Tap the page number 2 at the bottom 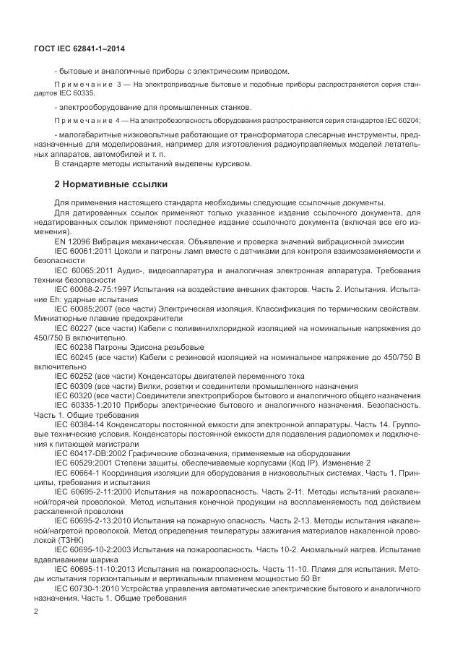[x=35, y=612]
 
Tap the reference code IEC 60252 [x=74, y=376]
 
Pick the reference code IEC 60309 [x=74, y=386]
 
